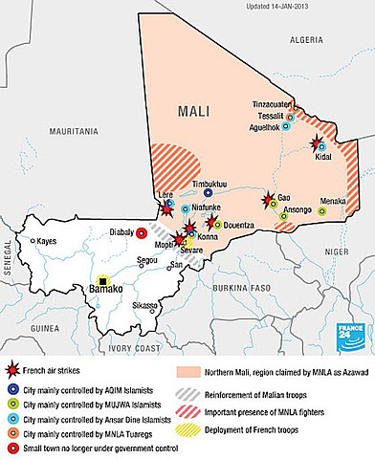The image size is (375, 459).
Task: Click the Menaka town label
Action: click(333, 201)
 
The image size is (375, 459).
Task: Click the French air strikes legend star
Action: click(14, 367)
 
